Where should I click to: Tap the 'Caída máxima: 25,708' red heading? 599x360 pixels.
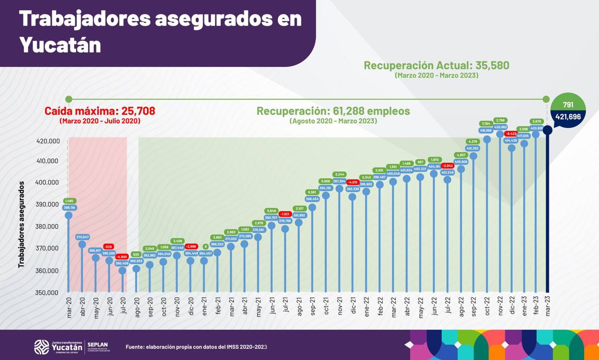tap(100, 111)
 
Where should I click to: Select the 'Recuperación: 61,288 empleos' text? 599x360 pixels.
tap(333, 111)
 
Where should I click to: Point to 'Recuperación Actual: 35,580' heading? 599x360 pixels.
tap(436, 66)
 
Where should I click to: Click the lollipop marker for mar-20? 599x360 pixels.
tap(68, 215)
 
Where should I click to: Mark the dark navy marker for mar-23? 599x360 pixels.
tap(547, 130)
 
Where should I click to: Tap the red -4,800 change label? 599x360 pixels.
tap(122, 257)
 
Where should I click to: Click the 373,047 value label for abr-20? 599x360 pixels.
tap(82, 237)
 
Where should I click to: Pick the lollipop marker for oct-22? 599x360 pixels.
tap(487, 139)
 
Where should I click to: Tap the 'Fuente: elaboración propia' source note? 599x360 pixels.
tap(196, 347)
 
